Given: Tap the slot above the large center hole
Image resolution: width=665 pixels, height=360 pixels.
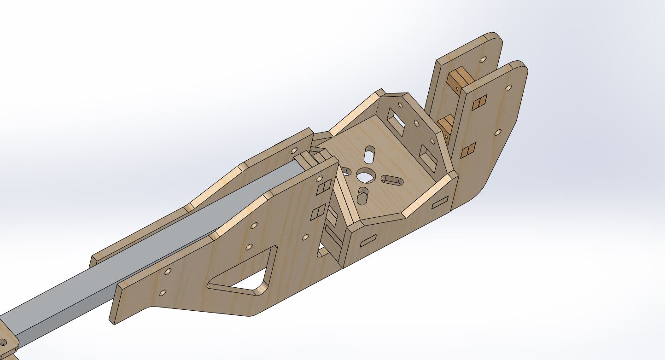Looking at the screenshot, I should click(x=369, y=154).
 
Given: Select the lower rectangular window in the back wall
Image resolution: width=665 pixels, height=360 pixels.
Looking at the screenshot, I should click(x=428, y=158).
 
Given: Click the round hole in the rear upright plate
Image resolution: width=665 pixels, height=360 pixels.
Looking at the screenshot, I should click(x=483, y=60).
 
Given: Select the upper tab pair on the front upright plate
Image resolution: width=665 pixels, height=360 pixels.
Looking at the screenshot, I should click(x=479, y=103).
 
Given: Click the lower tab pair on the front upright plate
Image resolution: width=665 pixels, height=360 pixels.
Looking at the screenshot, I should click(x=468, y=151).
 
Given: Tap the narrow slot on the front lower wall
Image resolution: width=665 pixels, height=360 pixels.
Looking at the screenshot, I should click(x=368, y=240).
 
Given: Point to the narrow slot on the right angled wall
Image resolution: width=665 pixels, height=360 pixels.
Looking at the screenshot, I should click(x=440, y=202).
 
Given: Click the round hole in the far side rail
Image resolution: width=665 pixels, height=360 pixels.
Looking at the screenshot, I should click(x=294, y=150).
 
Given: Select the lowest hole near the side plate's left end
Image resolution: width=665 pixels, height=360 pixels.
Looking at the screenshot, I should click(x=162, y=292).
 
